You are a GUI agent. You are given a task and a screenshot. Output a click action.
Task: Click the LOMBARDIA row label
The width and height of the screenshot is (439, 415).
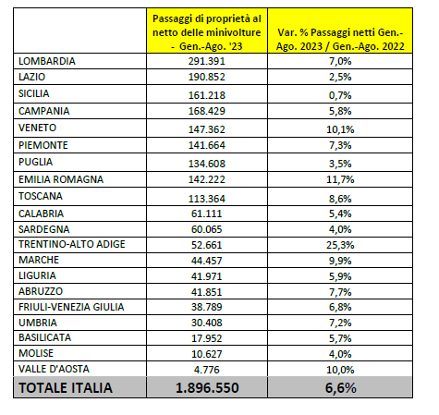click(x=47, y=61)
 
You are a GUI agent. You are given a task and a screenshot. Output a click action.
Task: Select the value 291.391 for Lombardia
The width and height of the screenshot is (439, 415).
click(x=207, y=61)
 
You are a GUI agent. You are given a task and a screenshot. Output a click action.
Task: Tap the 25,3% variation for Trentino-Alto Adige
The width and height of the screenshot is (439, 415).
click(x=340, y=245)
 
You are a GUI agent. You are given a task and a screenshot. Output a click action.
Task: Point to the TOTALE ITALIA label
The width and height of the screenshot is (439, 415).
click(x=66, y=387)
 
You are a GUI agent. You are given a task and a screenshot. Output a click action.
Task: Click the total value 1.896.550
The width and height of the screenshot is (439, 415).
click(x=207, y=387)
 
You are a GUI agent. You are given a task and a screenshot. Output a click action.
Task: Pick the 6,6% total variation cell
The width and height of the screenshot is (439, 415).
click(x=340, y=387)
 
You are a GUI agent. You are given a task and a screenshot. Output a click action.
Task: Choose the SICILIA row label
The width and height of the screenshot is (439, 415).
click(x=34, y=93)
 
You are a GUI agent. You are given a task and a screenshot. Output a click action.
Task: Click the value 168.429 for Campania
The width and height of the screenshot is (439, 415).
click(x=207, y=111)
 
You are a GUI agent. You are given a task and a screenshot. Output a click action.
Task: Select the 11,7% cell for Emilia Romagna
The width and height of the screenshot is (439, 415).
click(x=340, y=179)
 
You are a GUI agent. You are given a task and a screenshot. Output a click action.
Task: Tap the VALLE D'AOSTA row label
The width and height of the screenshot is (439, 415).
click(x=54, y=369)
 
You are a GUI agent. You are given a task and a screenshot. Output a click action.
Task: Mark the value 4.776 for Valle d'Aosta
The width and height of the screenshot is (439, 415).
click(x=207, y=370)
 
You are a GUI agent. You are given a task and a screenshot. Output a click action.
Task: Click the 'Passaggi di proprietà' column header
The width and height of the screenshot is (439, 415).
click(x=207, y=32)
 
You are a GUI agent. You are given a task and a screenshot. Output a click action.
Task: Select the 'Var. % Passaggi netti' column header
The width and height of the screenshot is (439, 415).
click(x=340, y=40)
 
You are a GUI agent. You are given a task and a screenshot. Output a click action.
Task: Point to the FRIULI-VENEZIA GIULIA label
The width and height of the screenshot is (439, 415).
click(x=71, y=307)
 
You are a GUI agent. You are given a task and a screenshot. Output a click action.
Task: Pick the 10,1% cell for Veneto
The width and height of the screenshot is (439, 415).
click(x=340, y=129)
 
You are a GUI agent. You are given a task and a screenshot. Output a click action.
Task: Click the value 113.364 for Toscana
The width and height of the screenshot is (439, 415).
click(x=207, y=199)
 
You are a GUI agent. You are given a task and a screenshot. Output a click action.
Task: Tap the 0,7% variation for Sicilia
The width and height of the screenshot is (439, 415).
click(x=340, y=95)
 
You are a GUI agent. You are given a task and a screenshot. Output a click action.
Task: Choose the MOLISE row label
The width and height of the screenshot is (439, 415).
click(x=36, y=353)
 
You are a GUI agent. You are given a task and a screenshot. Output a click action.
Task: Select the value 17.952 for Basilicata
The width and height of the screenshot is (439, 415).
click(x=207, y=338)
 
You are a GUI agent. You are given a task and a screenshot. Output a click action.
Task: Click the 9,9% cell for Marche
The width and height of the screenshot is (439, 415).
click(x=340, y=261)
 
